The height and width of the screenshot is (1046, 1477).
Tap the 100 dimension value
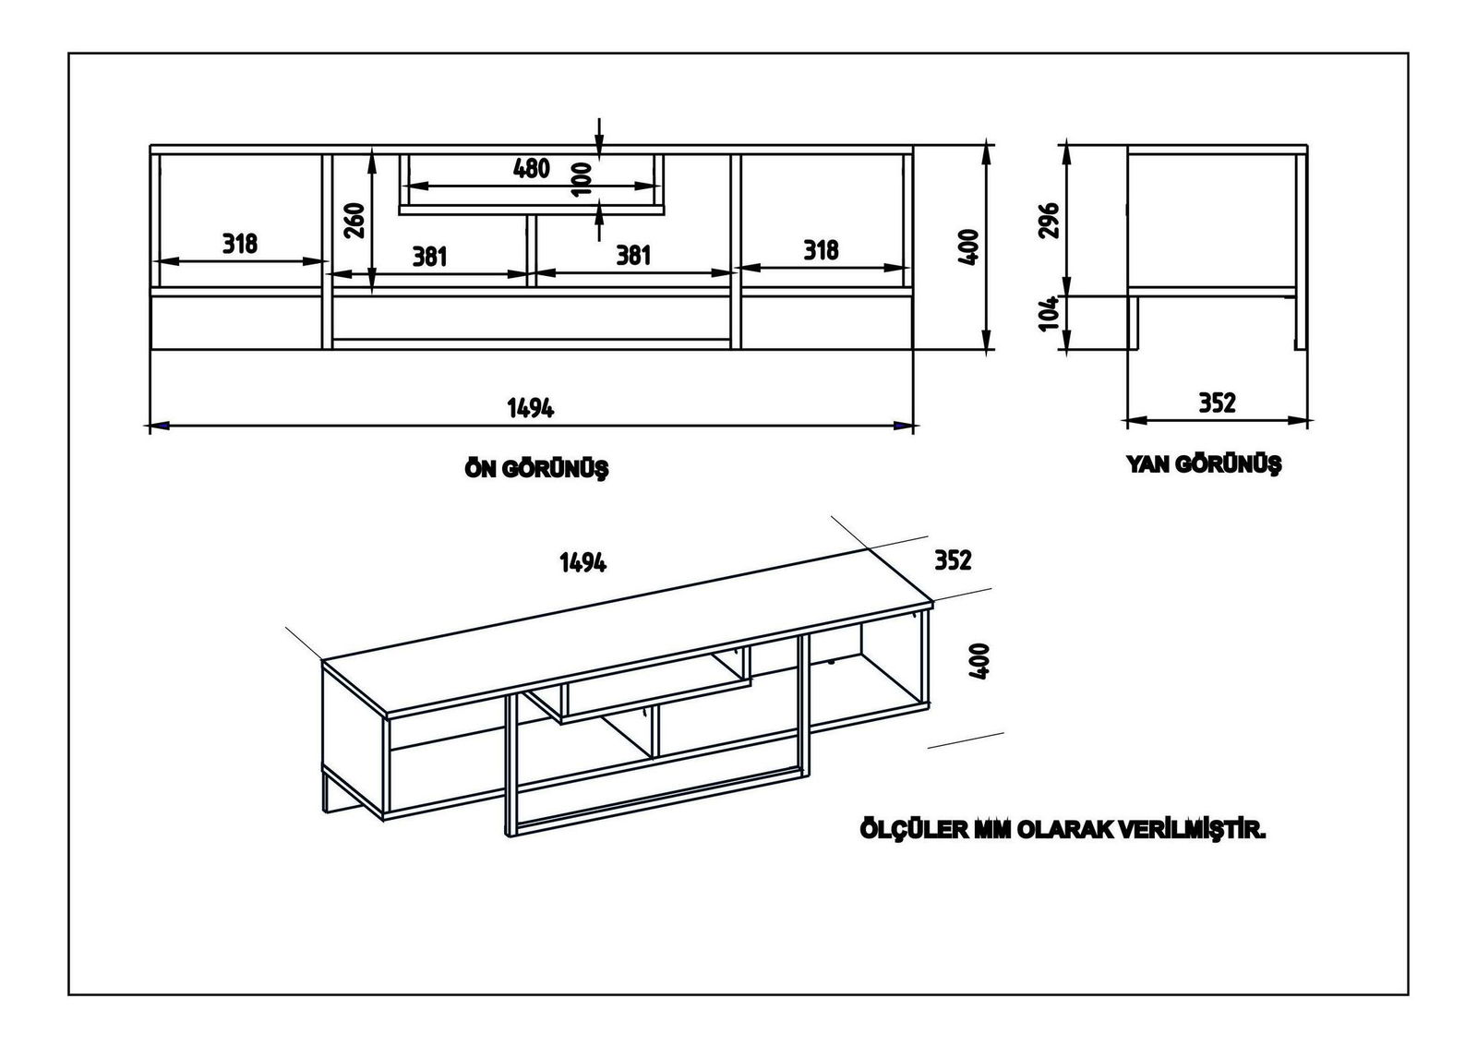coord(581,179)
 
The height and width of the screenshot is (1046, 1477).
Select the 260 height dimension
coord(354,221)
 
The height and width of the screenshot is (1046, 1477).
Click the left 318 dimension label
coord(240,244)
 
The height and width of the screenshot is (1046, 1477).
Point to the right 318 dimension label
coord(821,250)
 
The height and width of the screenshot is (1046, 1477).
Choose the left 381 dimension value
coord(429,256)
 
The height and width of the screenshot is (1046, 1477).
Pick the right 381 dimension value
coord(634,255)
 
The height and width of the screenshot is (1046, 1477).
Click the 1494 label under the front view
coord(530,408)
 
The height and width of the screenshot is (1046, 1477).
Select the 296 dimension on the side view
coord(1049,221)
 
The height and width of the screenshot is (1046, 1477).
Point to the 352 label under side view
coord(1217,403)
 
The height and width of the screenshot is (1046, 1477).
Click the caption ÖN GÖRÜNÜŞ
coord(536,469)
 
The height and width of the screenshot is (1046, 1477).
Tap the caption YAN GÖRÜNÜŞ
coord(1204,463)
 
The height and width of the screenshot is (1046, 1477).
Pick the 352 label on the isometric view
coord(953,560)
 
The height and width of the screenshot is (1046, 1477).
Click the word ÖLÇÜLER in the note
coord(904,831)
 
